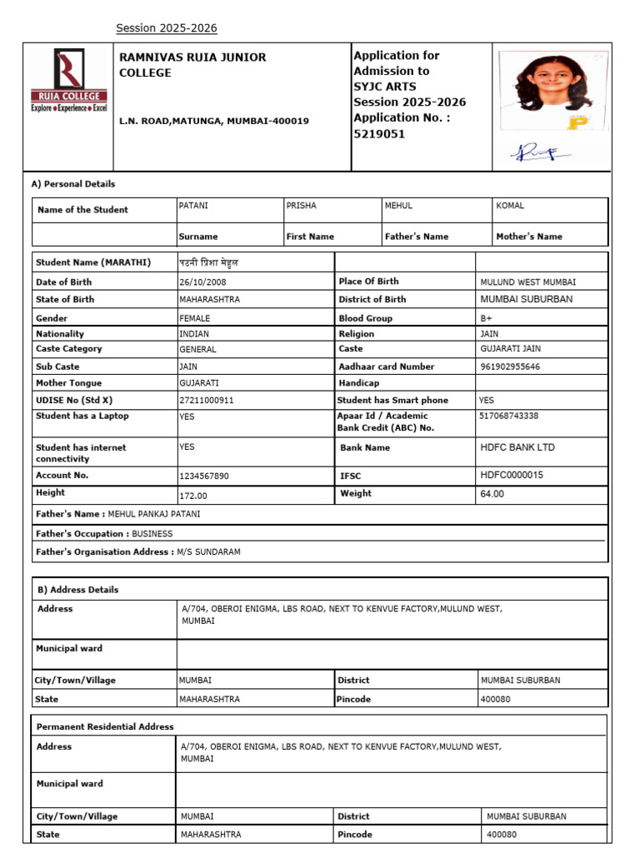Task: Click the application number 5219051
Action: [379, 134]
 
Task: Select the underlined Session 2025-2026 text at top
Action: [166, 28]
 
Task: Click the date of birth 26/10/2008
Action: [202, 282]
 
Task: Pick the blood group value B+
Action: [487, 318]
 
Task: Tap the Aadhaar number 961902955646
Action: [510, 367]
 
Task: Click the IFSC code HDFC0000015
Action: [512, 475]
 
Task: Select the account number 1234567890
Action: [204, 476]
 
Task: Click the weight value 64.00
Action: [492, 494]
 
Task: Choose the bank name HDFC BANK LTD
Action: [517, 447]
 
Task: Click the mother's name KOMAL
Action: [510, 206]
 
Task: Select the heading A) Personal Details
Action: [73, 184]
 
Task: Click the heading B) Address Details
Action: [78, 590]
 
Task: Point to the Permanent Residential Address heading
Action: [105, 727]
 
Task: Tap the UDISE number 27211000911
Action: [207, 401]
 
